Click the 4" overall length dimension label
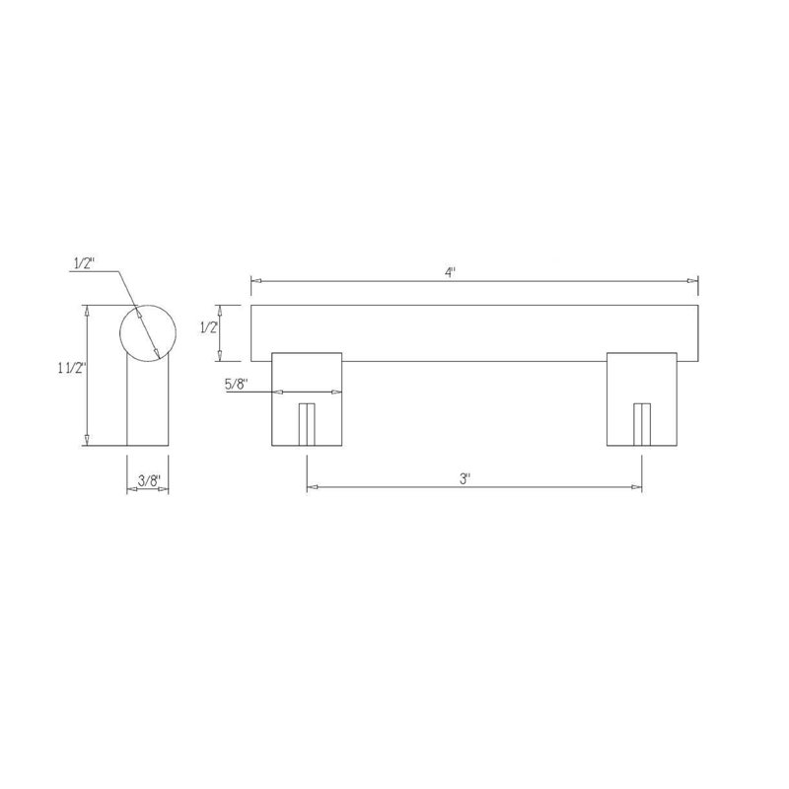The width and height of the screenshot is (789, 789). pos(451,273)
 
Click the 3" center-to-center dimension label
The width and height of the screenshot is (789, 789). pos(465,478)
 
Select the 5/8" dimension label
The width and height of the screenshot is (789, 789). pos(236,385)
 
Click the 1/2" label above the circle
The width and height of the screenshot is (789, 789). pos(85,263)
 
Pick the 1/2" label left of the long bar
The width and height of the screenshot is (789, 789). pos(209,328)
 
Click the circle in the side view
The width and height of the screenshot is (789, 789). pos(147,305)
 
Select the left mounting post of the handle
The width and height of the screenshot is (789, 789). pos(307,399)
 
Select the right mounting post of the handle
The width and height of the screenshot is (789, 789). pos(642,399)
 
